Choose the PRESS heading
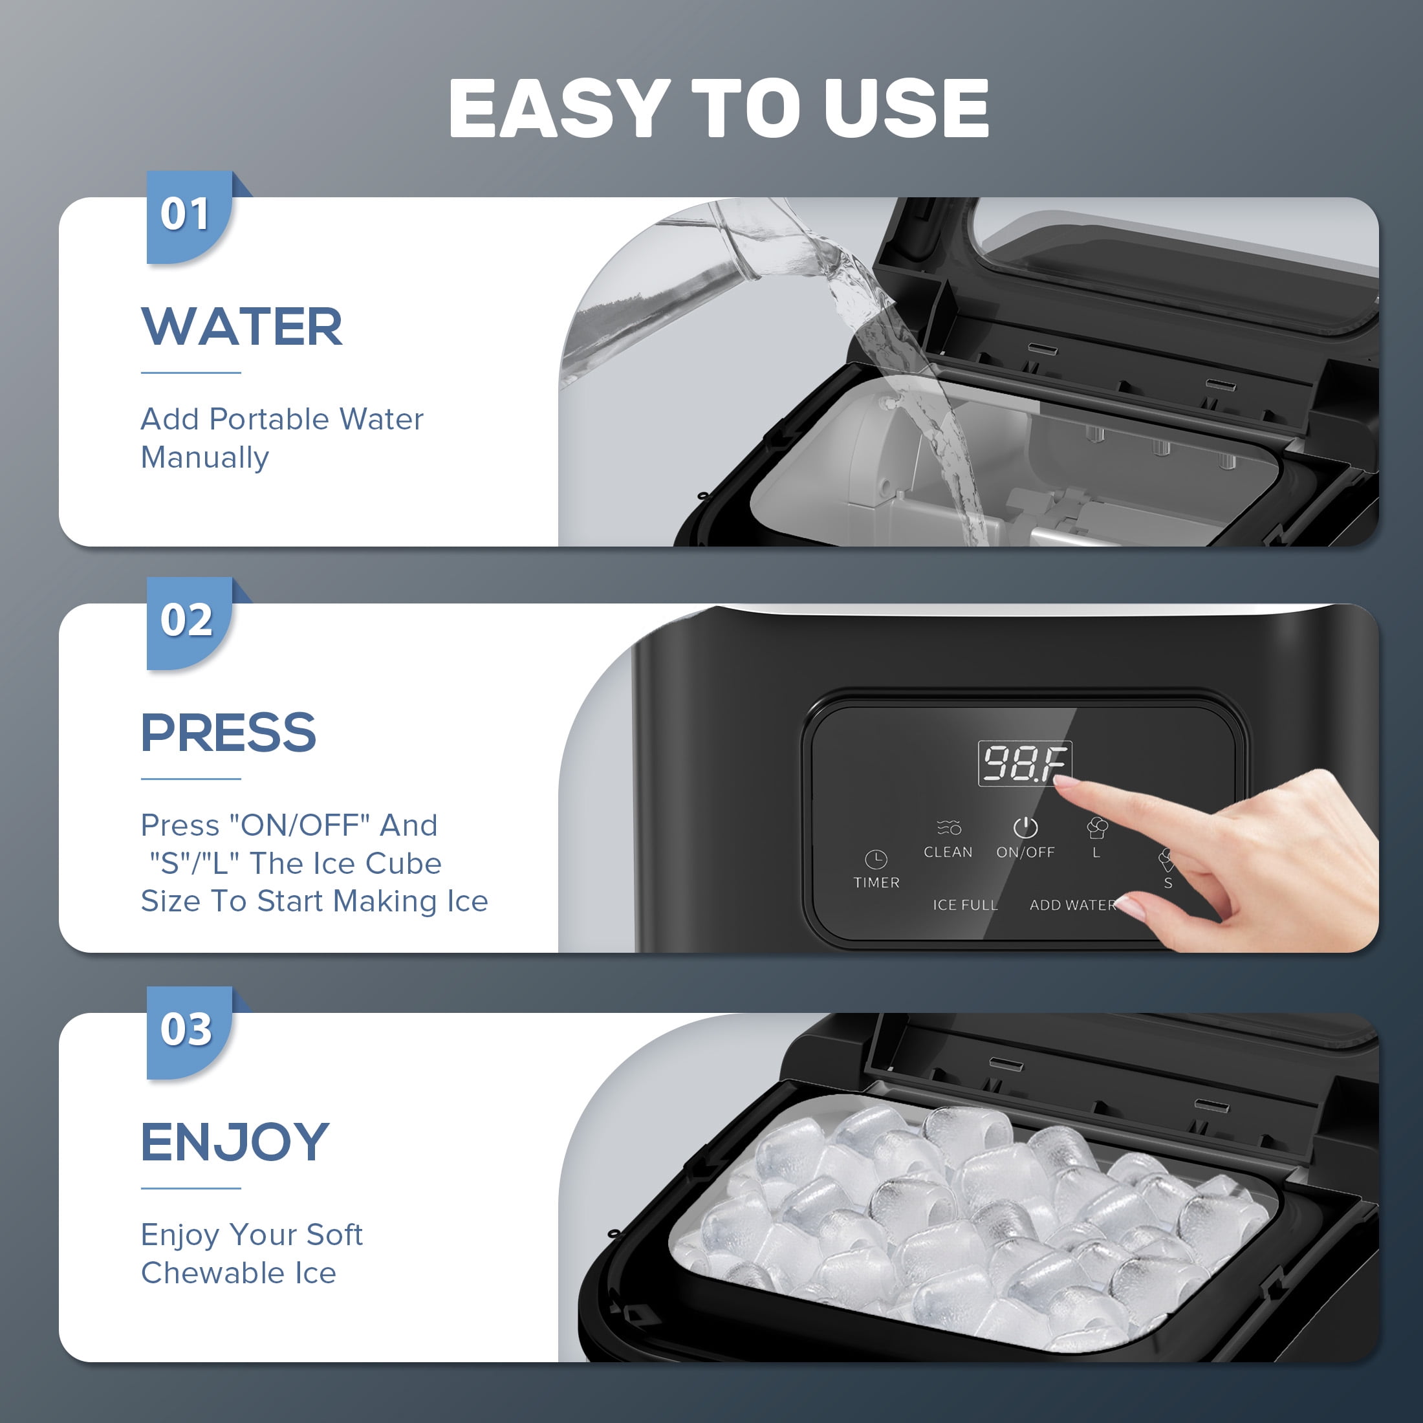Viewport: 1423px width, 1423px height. pyautogui.click(x=228, y=733)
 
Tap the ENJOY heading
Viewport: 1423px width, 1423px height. pyautogui.click(x=235, y=1142)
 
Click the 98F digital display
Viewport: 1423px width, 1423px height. pyautogui.click(x=1025, y=763)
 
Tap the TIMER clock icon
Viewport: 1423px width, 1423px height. pyautogui.click(x=876, y=859)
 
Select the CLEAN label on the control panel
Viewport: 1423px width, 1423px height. pyautogui.click(x=948, y=852)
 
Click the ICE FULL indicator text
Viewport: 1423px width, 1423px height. pyautogui.click(x=965, y=904)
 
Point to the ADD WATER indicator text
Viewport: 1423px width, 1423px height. pyautogui.click(x=1073, y=904)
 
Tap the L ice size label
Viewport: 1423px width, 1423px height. pyautogui.click(x=1096, y=853)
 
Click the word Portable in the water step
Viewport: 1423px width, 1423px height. pyautogui.click(x=269, y=419)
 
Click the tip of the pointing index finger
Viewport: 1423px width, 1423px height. pyautogui.click(x=1058, y=783)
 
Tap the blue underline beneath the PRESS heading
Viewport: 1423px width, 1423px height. pyautogui.click(x=191, y=779)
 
